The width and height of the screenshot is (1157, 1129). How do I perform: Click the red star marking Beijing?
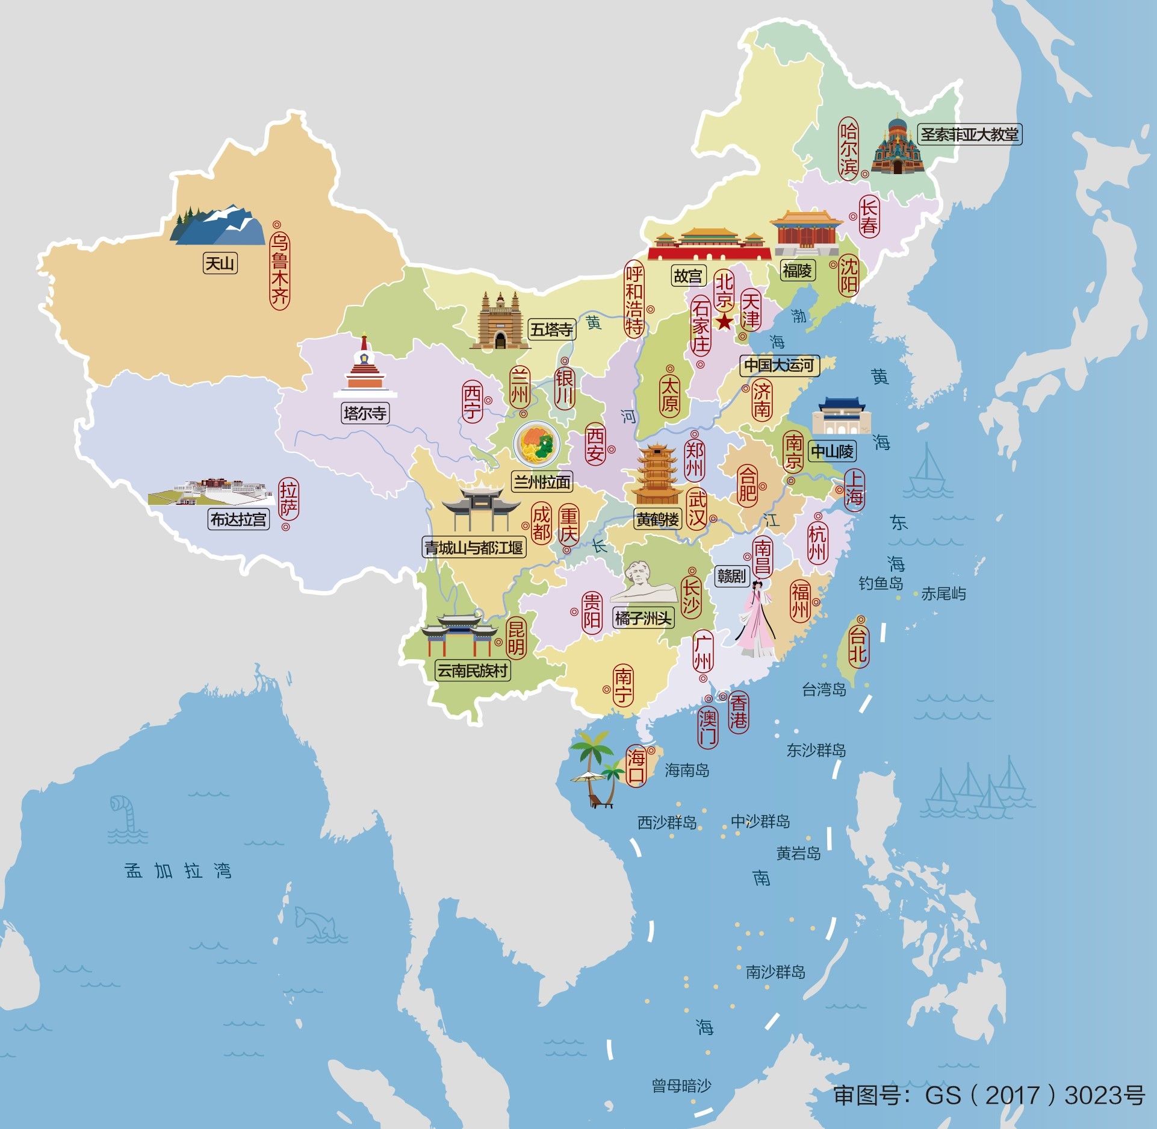click(x=724, y=321)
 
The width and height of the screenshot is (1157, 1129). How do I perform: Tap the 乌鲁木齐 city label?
click(x=279, y=271)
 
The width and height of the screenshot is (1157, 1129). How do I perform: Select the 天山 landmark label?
click(x=220, y=263)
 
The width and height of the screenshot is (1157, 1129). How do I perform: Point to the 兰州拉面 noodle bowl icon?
click(x=536, y=445)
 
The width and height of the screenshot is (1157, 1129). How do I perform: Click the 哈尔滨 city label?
click(x=848, y=148)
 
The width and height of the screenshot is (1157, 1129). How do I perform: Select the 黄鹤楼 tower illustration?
click(x=657, y=475)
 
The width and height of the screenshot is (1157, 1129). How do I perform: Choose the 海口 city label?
click(x=636, y=765)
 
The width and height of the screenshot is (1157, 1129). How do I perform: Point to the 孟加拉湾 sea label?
click(x=178, y=871)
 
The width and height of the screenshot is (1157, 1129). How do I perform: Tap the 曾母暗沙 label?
click(x=681, y=1086)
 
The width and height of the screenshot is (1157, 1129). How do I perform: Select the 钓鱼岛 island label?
click(x=881, y=583)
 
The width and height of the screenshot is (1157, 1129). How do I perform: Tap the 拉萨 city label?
click(x=288, y=499)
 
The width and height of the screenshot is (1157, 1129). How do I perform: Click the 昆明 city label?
click(x=516, y=638)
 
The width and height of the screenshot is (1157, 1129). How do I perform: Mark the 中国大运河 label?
click(x=779, y=365)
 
